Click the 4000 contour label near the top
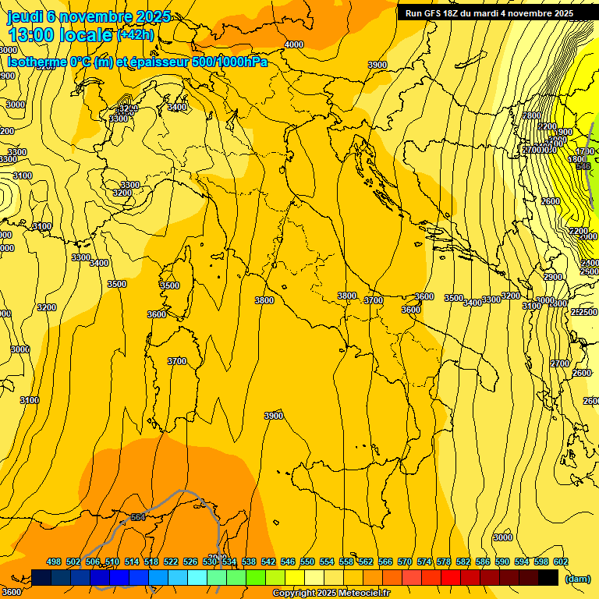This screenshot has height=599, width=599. click(x=294, y=44)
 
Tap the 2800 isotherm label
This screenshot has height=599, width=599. click(x=531, y=115)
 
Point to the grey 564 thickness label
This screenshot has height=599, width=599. click(x=138, y=517)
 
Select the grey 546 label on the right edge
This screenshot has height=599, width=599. click(x=580, y=167)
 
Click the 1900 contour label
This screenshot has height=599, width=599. click(x=564, y=132)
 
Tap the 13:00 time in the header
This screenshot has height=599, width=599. click(x=32, y=35)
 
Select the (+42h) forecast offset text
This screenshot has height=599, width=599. click(x=135, y=35)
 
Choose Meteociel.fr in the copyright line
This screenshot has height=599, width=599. click(x=364, y=594)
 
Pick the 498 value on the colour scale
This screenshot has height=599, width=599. click(x=54, y=562)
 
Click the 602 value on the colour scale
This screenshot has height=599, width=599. click(x=561, y=562)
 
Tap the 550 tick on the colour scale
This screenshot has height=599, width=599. click(x=307, y=562)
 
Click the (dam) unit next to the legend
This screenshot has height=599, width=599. click(x=578, y=578)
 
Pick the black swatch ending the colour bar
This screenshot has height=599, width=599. click(x=548, y=577)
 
